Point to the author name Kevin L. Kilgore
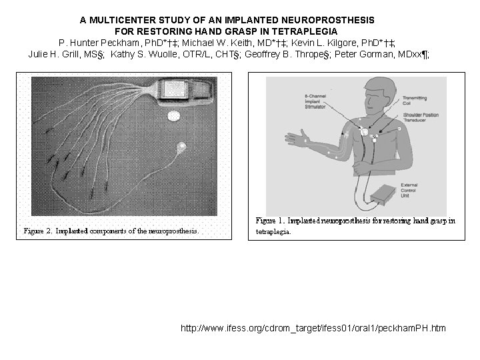pyautogui.click(x=324, y=43)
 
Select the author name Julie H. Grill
pyautogui.click(x=56, y=54)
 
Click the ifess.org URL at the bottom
pyautogui.click(x=313, y=328)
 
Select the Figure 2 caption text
pyautogui.click(x=111, y=231)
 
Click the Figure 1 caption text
pyautogui.click(x=355, y=225)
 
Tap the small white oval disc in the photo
pyautogui.click(x=173, y=116)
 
